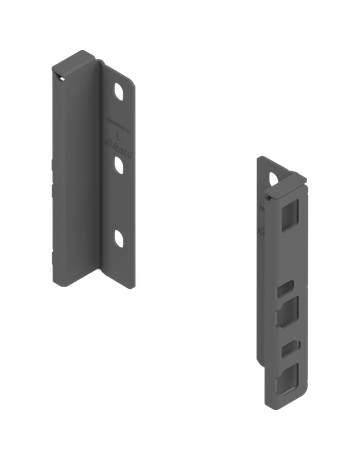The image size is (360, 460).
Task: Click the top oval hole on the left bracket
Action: point(120,92)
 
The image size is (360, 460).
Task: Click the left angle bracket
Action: point(95,170)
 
